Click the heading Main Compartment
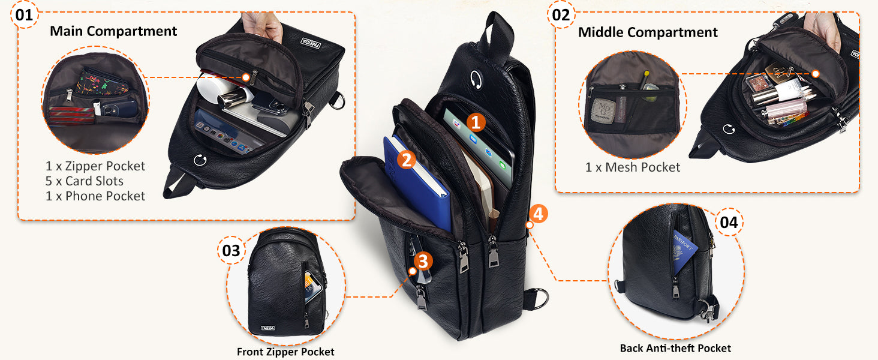(x=113, y=31)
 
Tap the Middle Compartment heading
(x=648, y=32)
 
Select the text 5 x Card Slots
(x=85, y=181)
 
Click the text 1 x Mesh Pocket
(x=633, y=167)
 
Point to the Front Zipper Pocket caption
(x=285, y=352)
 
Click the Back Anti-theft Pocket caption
(x=675, y=348)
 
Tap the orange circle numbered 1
(x=476, y=122)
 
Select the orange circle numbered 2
(x=407, y=160)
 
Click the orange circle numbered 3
(x=423, y=261)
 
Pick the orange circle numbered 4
(x=539, y=214)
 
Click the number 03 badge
(x=231, y=251)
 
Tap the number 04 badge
(x=729, y=223)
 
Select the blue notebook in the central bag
(x=417, y=183)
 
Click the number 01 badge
(x=24, y=15)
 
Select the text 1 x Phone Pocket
(x=95, y=196)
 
